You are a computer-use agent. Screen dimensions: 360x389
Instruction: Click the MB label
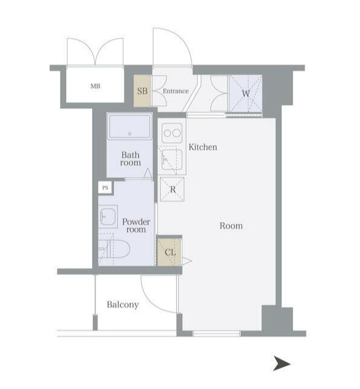click(95, 86)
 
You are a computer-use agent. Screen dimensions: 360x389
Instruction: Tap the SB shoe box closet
click(142, 91)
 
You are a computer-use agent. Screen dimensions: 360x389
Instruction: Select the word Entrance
click(176, 91)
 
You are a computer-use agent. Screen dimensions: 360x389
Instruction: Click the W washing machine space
click(246, 94)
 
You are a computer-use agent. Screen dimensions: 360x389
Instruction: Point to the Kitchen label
click(203, 147)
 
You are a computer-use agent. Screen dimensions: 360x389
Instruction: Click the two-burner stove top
click(172, 133)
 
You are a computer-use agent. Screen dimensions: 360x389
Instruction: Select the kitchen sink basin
click(172, 160)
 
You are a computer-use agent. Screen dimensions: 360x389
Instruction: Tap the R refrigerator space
click(172, 189)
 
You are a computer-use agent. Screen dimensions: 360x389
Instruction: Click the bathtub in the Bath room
click(129, 126)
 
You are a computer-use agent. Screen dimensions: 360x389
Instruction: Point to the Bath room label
click(131, 159)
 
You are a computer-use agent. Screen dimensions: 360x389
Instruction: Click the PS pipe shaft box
click(105, 188)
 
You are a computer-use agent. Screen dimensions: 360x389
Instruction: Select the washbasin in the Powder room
click(108, 216)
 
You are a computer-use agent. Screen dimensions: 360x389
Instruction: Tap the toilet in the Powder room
click(114, 249)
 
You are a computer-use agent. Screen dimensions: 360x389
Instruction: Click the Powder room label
click(136, 225)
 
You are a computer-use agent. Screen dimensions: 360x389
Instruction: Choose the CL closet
click(170, 252)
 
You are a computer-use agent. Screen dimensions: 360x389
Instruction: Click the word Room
click(231, 225)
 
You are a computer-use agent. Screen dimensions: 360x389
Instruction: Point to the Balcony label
click(123, 305)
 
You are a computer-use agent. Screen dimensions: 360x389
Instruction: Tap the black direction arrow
click(282, 364)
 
